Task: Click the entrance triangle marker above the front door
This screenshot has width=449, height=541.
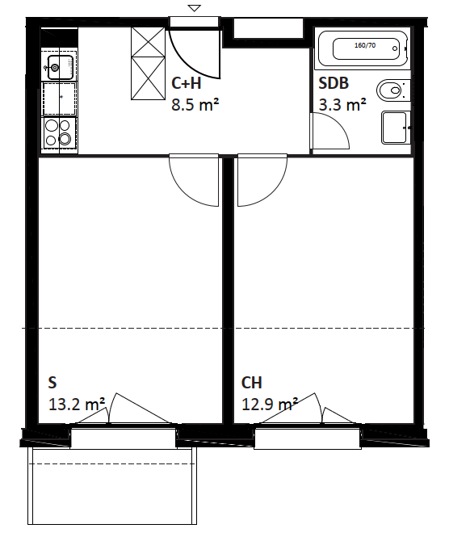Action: pyautogui.click(x=195, y=8)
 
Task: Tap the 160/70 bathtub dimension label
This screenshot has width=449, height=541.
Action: pyautogui.click(x=365, y=45)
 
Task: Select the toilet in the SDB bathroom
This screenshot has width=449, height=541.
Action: pyautogui.click(x=392, y=90)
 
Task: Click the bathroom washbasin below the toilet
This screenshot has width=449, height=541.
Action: pyautogui.click(x=396, y=128)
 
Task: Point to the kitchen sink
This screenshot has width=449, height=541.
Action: pyautogui.click(x=60, y=66)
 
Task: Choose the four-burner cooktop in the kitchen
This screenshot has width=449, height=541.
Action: pyautogui.click(x=59, y=133)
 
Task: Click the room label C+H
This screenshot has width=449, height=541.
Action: pyautogui.click(x=187, y=83)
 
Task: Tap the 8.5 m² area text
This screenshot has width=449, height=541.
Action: pyautogui.click(x=195, y=104)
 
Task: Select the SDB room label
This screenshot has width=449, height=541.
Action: pyautogui.click(x=334, y=83)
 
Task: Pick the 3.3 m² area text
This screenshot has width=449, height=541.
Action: pyautogui.click(x=342, y=104)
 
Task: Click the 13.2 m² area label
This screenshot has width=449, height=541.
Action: pyautogui.click(x=77, y=404)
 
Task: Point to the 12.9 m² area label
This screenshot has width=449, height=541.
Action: pyautogui.click(x=270, y=404)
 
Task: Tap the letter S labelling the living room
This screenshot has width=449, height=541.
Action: pyautogui.click(x=52, y=383)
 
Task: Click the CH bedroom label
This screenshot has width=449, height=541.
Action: pyautogui.click(x=252, y=383)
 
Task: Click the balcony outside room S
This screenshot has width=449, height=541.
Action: pyautogui.click(x=112, y=486)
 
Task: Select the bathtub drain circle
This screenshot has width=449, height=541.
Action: pyautogui.click(x=395, y=48)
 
